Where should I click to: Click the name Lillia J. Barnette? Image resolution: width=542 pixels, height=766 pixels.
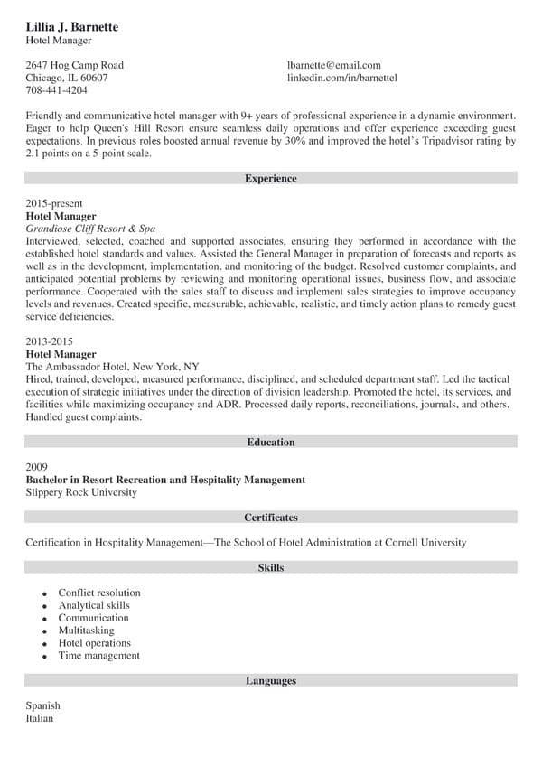(72, 27)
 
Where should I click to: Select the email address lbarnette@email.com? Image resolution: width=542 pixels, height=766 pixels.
(333, 65)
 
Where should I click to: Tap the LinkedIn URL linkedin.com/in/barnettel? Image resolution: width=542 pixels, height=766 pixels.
(341, 78)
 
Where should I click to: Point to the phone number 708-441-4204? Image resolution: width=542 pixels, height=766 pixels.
(56, 90)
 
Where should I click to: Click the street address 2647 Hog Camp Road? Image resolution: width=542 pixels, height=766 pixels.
(74, 65)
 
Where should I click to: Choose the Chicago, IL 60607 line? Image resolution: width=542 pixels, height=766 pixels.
(67, 78)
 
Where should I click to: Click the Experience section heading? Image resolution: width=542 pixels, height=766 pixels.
(270, 179)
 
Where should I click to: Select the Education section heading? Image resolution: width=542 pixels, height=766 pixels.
(270, 442)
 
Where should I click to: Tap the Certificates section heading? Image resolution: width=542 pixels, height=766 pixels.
(270, 518)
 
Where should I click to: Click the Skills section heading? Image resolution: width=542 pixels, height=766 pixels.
(270, 568)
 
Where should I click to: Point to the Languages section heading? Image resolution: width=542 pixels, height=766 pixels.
(270, 680)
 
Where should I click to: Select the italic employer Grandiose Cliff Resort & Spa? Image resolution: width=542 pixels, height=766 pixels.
(91, 229)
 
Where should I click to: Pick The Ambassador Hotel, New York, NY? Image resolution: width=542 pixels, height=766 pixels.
(113, 368)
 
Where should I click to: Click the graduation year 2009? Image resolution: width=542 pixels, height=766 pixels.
(37, 467)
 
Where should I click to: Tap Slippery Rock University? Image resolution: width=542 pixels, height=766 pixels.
(81, 492)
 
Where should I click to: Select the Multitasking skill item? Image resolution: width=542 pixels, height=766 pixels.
(86, 631)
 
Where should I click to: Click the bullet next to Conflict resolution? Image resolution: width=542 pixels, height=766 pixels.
(44, 593)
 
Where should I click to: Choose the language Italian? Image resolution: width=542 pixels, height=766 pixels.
(40, 718)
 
